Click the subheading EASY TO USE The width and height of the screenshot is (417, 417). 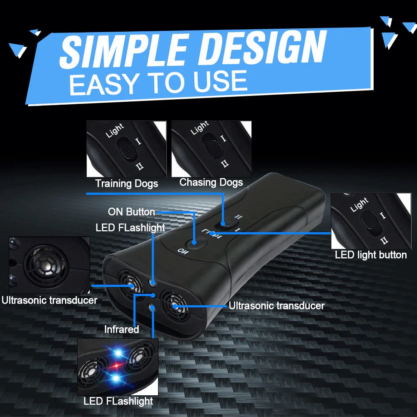(158, 82)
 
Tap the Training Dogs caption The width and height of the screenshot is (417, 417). (127, 183)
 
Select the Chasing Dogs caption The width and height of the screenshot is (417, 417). (211, 182)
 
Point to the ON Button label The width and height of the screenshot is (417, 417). (131, 212)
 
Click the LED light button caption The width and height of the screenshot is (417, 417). (371, 255)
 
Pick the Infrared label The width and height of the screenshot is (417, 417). (121, 329)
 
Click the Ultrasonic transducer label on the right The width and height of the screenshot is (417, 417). (276, 306)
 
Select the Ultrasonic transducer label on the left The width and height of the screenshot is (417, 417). (49, 300)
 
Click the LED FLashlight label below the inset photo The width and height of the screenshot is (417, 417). (118, 402)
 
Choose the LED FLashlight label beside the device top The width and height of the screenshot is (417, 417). (130, 228)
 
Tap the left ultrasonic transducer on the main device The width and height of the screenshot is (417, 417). (130, 285)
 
